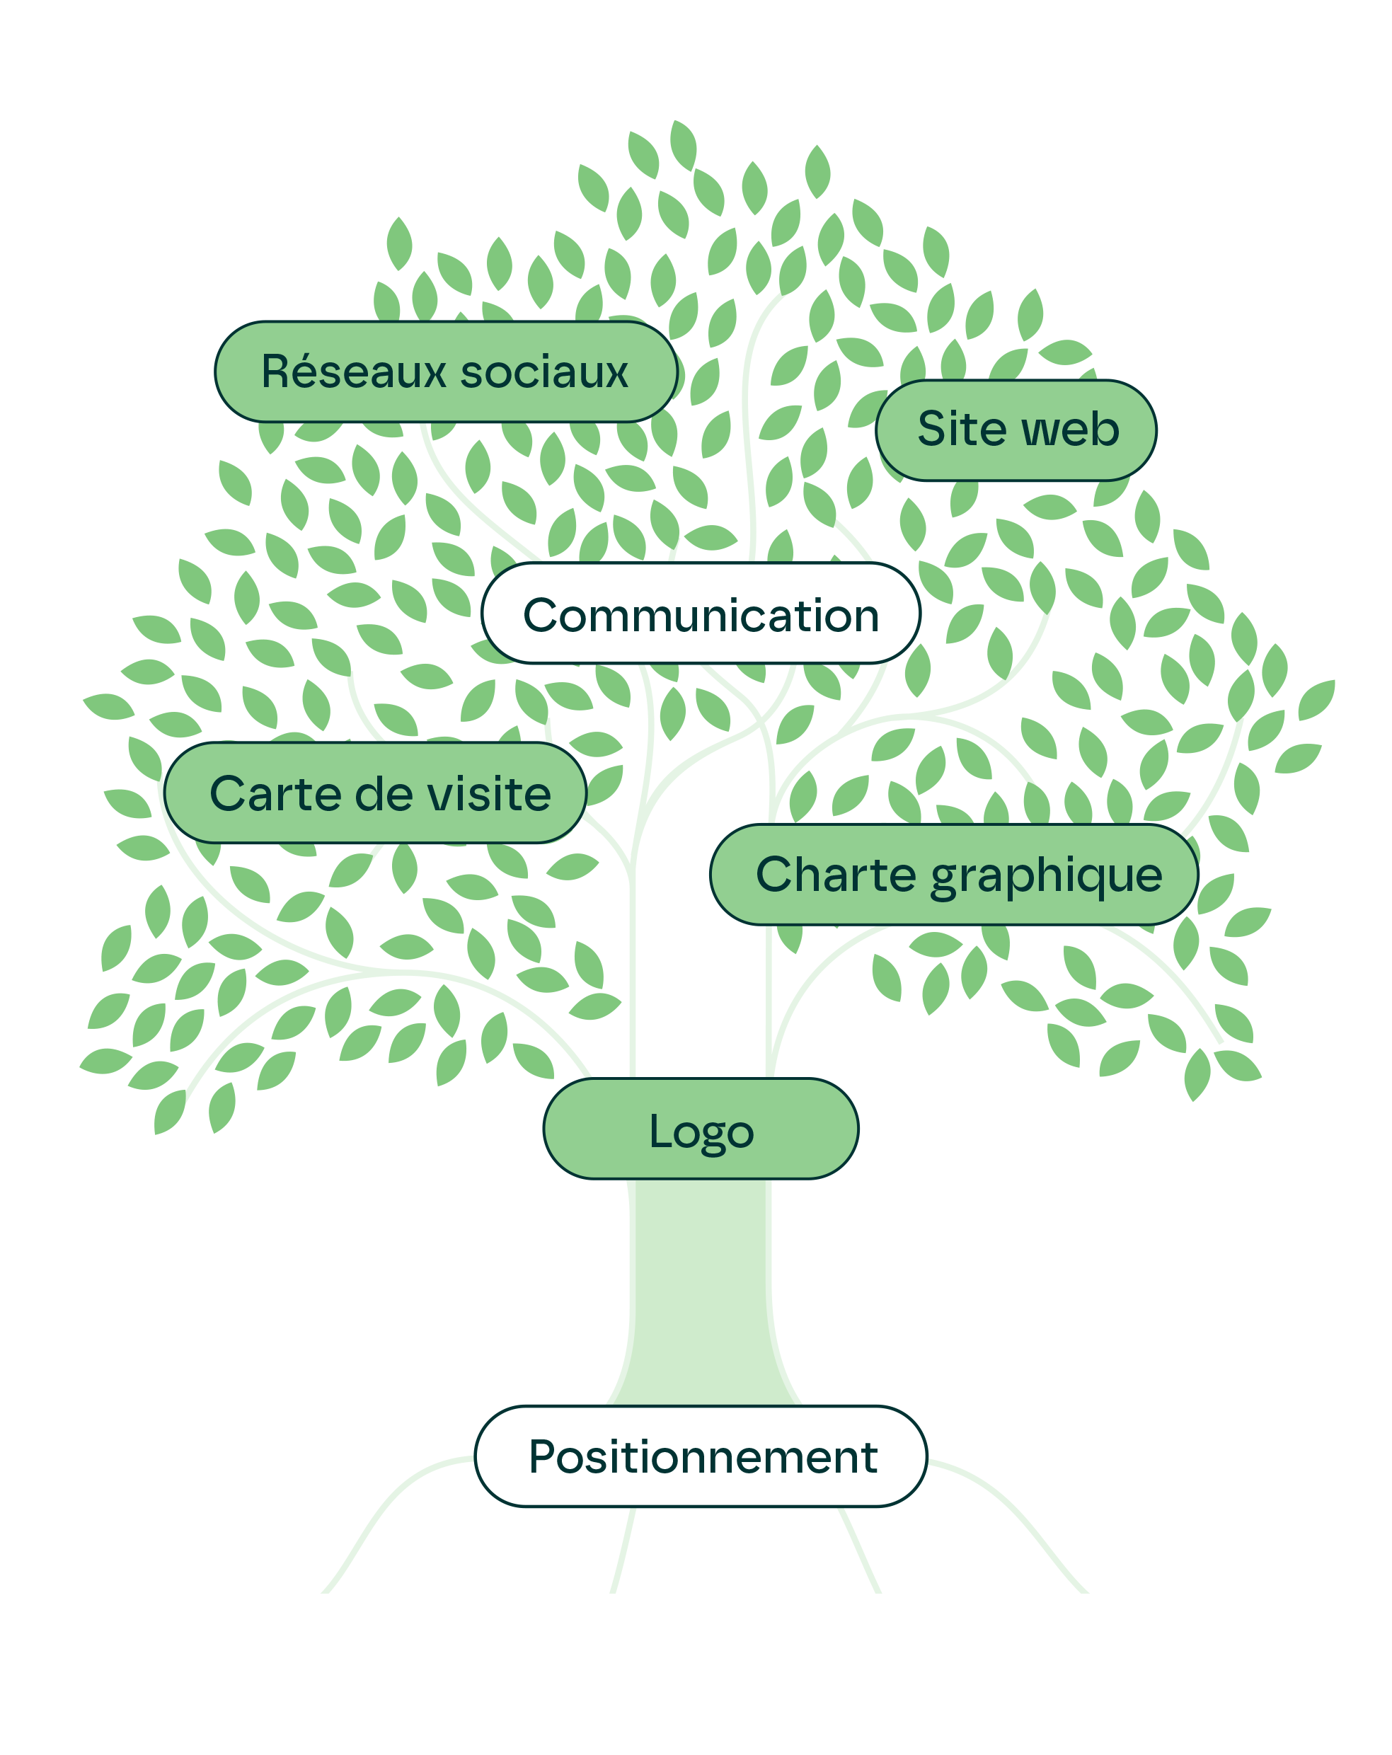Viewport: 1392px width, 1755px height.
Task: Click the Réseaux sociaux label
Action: pos(445,372)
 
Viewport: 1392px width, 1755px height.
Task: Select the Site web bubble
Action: pos(1017,430)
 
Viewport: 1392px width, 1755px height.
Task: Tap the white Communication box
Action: pos(701,614)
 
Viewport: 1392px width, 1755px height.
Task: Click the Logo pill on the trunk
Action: pos(701,1130)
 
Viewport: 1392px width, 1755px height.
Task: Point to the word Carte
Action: pos(267,794)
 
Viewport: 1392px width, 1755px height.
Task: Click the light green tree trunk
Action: pos(700,1294)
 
